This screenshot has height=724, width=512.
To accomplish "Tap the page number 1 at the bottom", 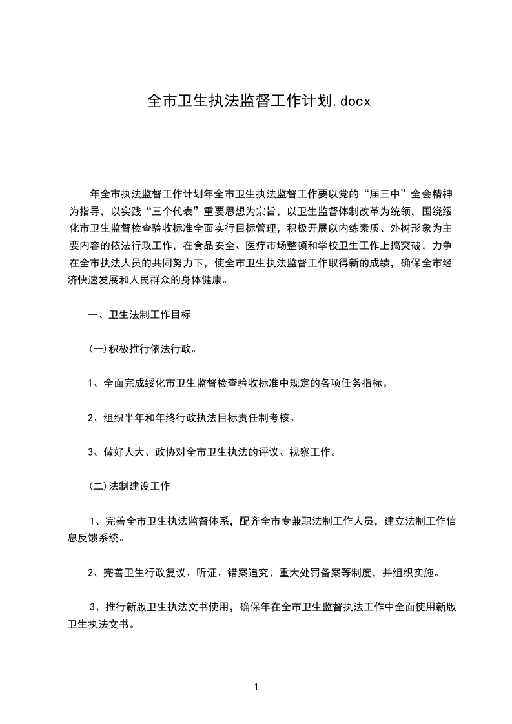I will click(256, 687).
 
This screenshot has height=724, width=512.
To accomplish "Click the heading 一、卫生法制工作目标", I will click(139, 316).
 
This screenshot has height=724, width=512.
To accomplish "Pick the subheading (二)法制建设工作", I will click(129, 487).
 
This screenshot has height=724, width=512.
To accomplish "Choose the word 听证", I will click(205, 572).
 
